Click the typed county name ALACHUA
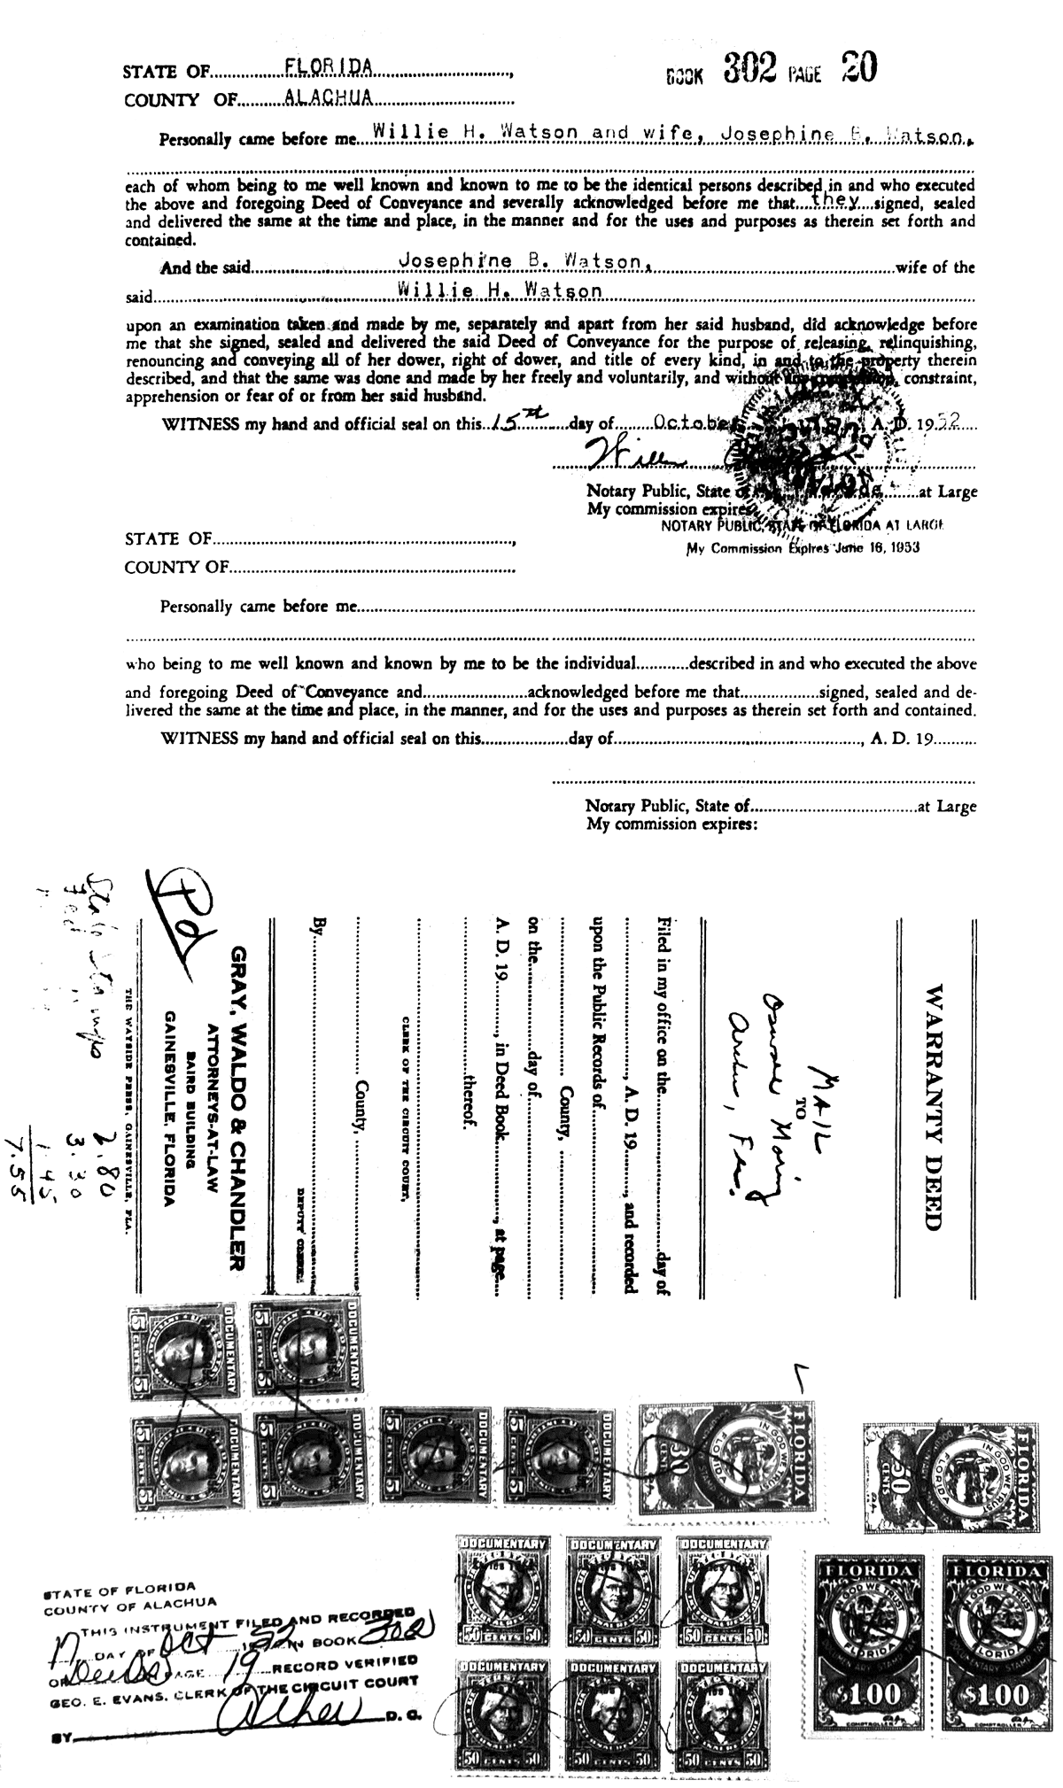[328, 97]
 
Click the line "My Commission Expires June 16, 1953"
[803, 547]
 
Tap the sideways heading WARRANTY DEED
[933, 1106]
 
